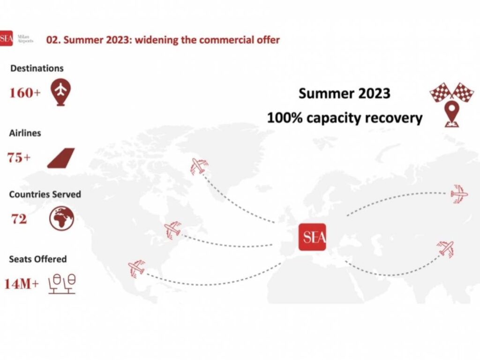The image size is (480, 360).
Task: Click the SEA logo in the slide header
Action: coord(6,38)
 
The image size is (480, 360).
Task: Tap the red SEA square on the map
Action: coord(312,237)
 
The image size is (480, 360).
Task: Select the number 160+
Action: coord(25,93)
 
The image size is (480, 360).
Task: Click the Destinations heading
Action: coord(37,68)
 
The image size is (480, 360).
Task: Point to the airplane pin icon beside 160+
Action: coord(61,92)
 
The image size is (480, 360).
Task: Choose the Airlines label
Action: coord(25,133)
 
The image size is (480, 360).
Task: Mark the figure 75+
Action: coord(19,157)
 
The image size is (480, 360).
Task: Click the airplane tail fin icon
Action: coord(61,158)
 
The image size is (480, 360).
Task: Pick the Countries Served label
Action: coord(45,195)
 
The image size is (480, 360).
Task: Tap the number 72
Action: coord(19,219)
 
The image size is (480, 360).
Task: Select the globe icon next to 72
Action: coord(61,218)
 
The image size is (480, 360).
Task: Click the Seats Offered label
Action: coord(38,259)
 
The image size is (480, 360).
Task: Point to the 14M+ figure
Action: coord(22,284)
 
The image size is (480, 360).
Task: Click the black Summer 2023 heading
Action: coord(345,93)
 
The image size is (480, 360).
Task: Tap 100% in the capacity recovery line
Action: coord(285,118)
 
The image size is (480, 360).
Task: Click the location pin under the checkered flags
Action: coord(452,114)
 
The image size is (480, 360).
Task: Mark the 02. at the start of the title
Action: coord(53,40)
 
